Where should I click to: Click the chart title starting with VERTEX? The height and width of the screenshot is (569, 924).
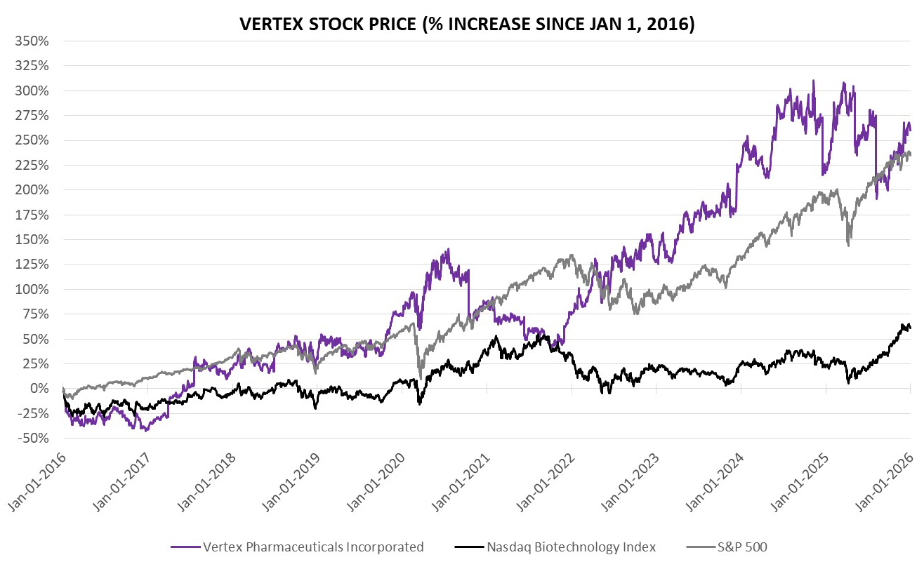[x=467, y=24]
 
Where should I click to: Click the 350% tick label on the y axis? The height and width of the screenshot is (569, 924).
[x=31, y=41]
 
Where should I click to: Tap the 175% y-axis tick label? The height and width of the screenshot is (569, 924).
[x=31, y=215]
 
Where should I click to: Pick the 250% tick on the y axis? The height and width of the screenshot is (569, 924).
[x=31, y=140]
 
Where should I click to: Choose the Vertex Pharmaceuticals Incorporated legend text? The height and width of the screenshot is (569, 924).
[x=313, y=547]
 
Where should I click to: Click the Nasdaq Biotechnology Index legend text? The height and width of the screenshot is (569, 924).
[x=571, y=547]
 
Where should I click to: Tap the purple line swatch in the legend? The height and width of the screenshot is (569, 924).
[x=184, y=547]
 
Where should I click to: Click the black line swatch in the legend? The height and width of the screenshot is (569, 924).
[x=468, y=547]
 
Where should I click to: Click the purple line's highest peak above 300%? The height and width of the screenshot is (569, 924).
[x=813, y=81]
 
